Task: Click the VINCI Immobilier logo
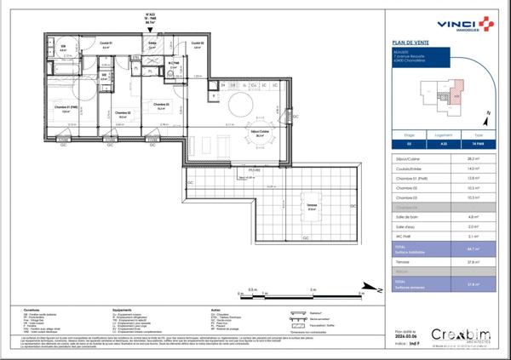(x=459, y=25)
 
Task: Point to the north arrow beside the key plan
(x=486, y=113)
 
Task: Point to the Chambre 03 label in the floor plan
(x=161, y=104)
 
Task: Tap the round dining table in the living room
(x=240, y=107)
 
